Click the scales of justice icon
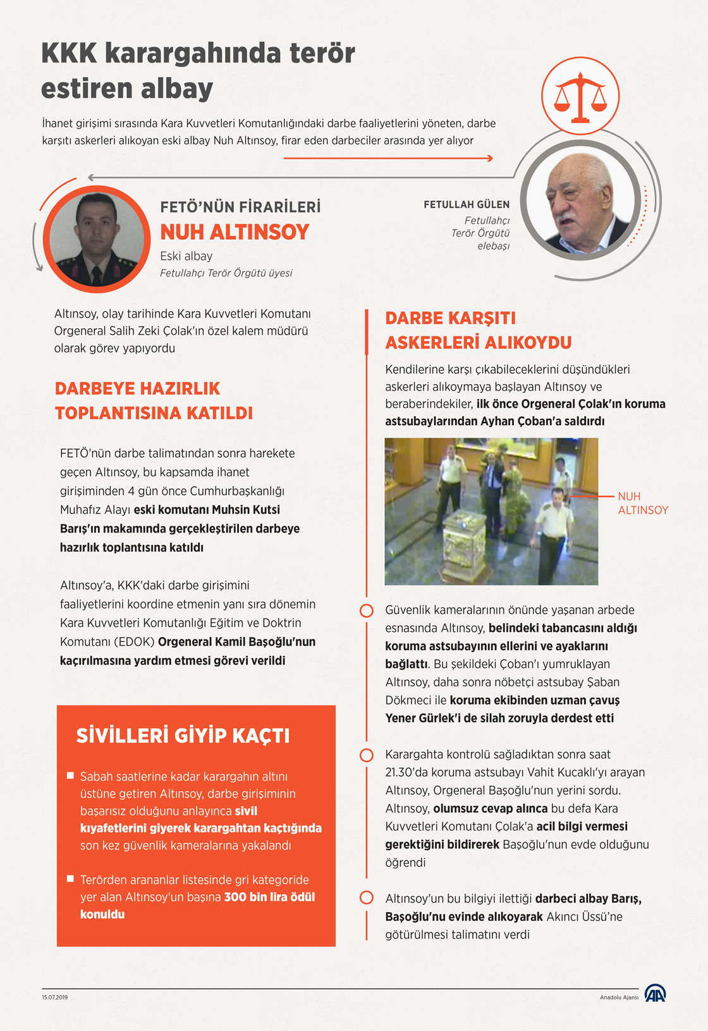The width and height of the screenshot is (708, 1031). click(580, 97)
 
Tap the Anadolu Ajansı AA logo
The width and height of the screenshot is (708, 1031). click(655, 993)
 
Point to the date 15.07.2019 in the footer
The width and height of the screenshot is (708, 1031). click(55, 997)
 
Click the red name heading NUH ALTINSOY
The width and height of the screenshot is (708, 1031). click(235, 232)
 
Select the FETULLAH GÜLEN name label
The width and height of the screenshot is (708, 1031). click(467, 204)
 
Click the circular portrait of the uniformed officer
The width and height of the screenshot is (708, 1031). click(97, 238)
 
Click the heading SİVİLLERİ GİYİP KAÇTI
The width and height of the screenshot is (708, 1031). click(183, 736)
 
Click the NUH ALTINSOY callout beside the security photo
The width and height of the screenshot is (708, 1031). click(642, 503)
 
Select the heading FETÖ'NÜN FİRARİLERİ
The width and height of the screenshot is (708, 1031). click(240, 207)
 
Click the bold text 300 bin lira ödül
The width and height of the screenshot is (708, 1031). click(269, 897)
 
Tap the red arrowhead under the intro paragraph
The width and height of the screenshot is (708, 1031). click(489, 158)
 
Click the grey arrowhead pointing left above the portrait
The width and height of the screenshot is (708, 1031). click(91, 178)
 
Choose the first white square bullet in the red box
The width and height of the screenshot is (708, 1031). click(70, 775)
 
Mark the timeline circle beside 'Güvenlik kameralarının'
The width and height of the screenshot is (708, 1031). click(366, 610)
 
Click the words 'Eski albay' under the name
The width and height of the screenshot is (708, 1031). click(186, 256)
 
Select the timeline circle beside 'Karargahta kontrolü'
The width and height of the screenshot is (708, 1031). click(366, 755)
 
